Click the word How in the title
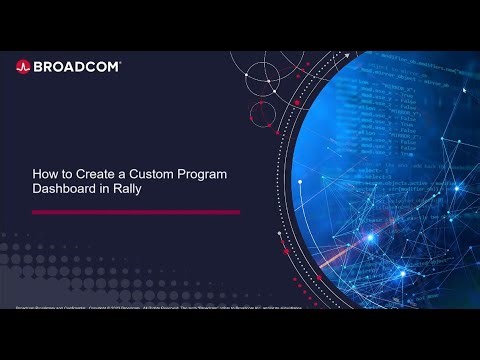pyautogui.click(x=45, y=174)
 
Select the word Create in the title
pyautogui.click(x=93, y=174)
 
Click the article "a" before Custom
pyautogui.click(x=120, y=174)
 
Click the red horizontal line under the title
pyautogui.click(x=136, y=212)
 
